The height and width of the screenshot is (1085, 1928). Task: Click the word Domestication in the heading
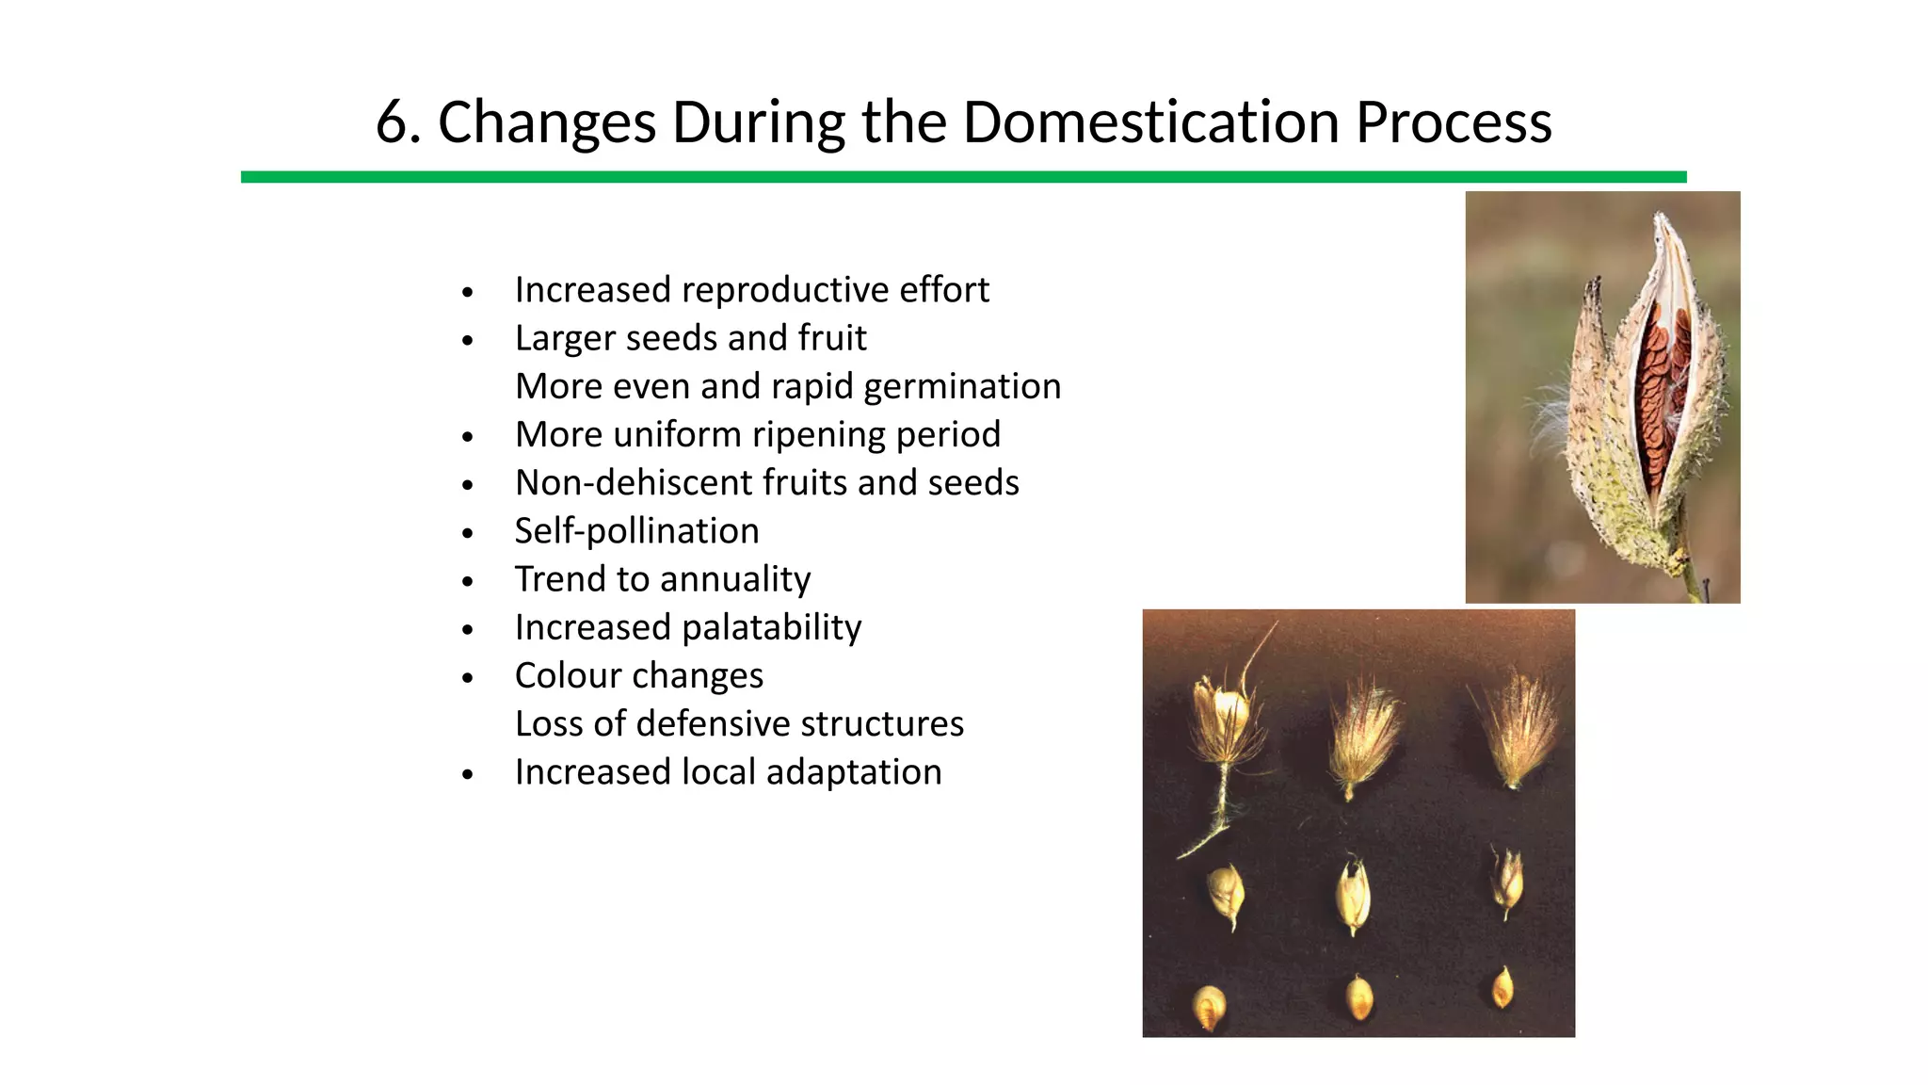coord(1150,123)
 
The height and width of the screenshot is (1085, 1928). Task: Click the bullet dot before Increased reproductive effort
coord(468,293)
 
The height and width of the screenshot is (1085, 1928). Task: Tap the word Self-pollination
coord(636,531)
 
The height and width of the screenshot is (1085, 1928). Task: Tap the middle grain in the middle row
coord(1353,895)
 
